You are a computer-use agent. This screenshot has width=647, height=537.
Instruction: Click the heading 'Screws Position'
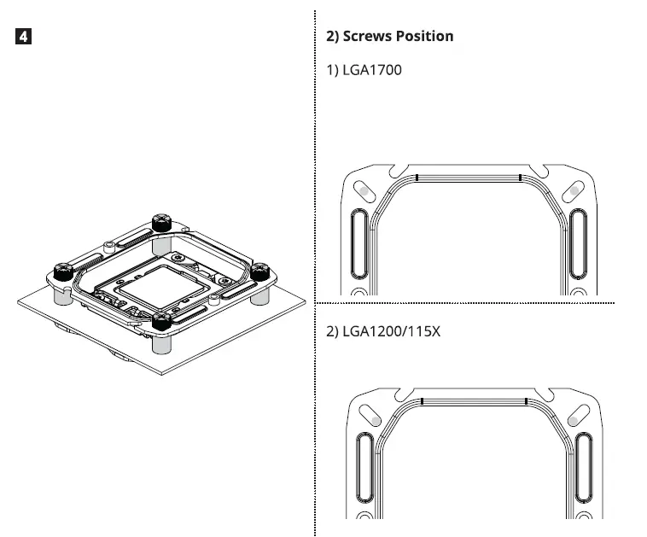pos(390,37)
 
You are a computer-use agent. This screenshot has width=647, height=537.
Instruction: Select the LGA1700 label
pos(364,69)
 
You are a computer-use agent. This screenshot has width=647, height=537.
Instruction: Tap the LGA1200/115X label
pos(384,330)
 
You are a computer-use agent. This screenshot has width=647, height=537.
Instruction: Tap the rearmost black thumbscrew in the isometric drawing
pos(161,224)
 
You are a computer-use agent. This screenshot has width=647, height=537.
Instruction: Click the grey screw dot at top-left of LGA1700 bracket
pos(363,188)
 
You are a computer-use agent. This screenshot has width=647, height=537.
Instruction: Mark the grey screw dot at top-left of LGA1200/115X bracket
pos(370,416)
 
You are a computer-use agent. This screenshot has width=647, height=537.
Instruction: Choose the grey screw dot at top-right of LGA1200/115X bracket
pos(577,416)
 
